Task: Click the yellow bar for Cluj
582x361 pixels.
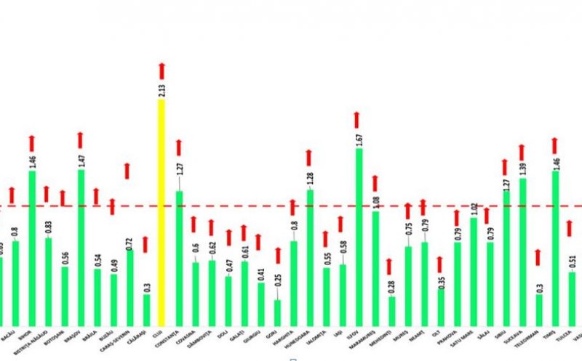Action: click(161, 211)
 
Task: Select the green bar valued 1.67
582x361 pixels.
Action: click(358, 236)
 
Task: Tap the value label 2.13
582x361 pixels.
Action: click(162, 89)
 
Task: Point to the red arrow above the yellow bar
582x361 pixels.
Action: click(162, 71)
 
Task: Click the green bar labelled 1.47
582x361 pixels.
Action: click(81, 247)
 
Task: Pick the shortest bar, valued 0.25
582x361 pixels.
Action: click(277, 312)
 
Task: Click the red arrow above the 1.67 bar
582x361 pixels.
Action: click(357, 120)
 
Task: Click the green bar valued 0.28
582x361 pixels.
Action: click(392, 310)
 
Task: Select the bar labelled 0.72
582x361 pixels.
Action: click(129, 287)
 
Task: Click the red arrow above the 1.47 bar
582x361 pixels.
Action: click(80, 140)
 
